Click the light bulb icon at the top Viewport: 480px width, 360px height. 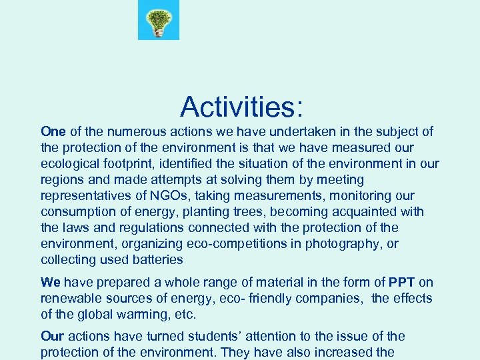[x=159, y=20]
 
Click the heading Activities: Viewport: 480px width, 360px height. [x=241, y=107]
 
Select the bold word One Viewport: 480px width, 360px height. [x=53, y=131]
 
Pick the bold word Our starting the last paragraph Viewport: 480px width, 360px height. [x=51, y=337]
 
